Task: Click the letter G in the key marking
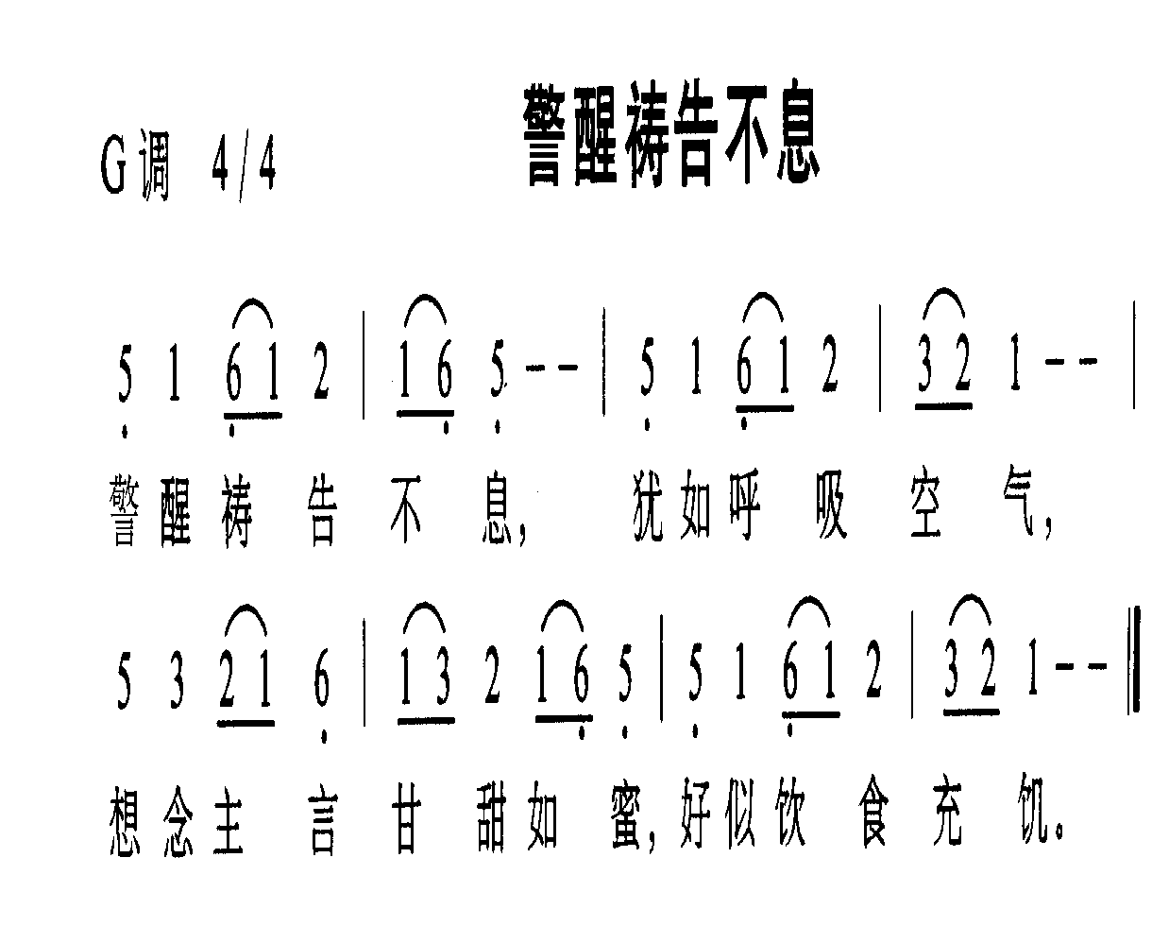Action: point(114,164)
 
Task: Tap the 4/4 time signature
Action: point(244,163)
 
